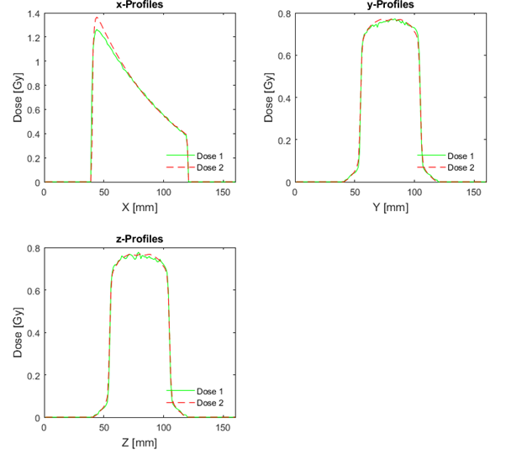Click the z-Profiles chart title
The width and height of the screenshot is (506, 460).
click(139, 240)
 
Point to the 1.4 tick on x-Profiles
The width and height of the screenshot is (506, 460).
click(33, 14)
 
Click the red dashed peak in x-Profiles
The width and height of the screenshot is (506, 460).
click(98, 18)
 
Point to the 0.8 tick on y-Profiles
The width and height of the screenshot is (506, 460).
click(284, 14)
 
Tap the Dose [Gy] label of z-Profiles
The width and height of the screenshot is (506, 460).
click(16, 333)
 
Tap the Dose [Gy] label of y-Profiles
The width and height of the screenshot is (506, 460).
click(266, 98)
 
